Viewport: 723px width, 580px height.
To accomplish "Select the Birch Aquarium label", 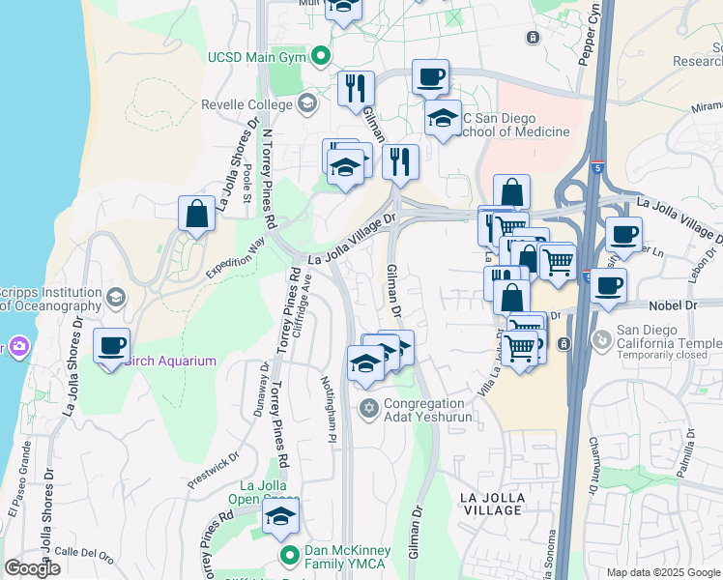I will pos(170,362).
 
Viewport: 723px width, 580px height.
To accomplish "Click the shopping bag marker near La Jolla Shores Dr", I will pos(196,213).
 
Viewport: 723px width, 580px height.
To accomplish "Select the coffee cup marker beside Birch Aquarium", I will pos(112,344).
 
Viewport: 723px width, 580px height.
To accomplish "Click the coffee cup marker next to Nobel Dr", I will pos(609,285).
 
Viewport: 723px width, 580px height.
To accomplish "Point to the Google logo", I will pos(32,568).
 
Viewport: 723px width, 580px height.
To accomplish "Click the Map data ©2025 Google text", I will pos(663,572).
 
